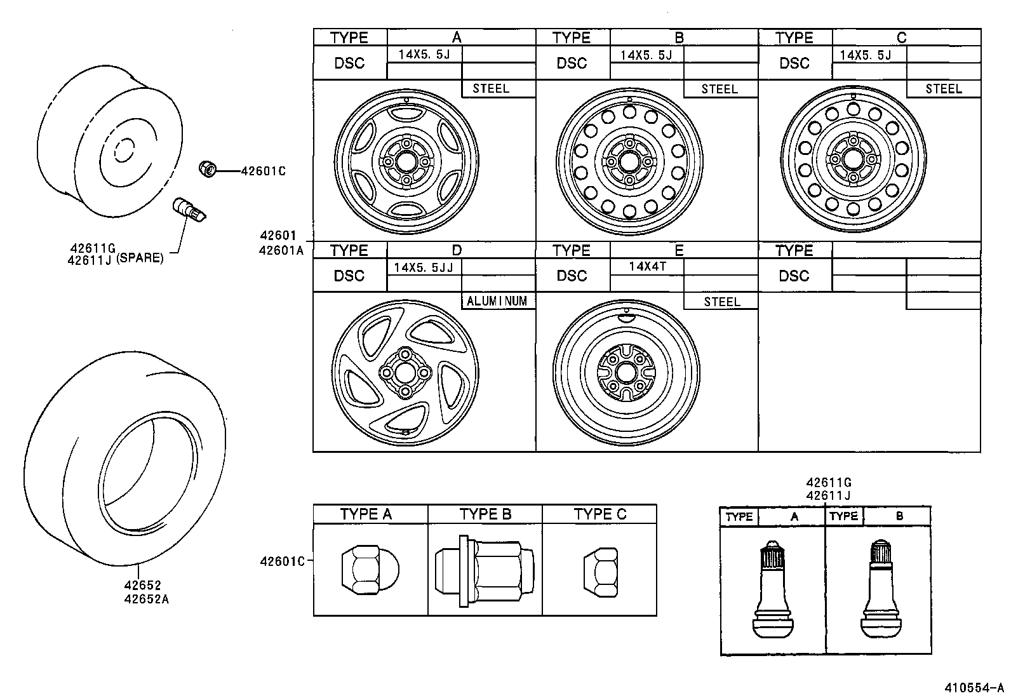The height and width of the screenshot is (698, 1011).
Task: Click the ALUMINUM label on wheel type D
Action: tap(497, 301)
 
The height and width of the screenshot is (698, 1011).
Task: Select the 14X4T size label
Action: tap(647, 266)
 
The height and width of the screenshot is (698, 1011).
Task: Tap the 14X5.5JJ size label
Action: tap(424, 267)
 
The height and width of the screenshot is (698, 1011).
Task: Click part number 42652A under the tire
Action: tap(147, 598)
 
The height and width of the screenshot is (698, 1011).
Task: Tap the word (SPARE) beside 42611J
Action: tap(140, 258)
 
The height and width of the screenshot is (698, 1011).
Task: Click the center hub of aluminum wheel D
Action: tap(405, 372)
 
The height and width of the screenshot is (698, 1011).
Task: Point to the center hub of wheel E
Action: tap(626, 372)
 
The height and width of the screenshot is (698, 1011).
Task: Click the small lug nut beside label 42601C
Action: tap(207, 169)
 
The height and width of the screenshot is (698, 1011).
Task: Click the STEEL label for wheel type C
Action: tap(943, 89)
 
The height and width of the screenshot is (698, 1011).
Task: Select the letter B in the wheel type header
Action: tap(679, 37)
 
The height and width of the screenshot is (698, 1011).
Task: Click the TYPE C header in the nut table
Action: tap(599, 514)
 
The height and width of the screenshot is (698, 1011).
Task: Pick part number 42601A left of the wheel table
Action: tap(281, 250)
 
